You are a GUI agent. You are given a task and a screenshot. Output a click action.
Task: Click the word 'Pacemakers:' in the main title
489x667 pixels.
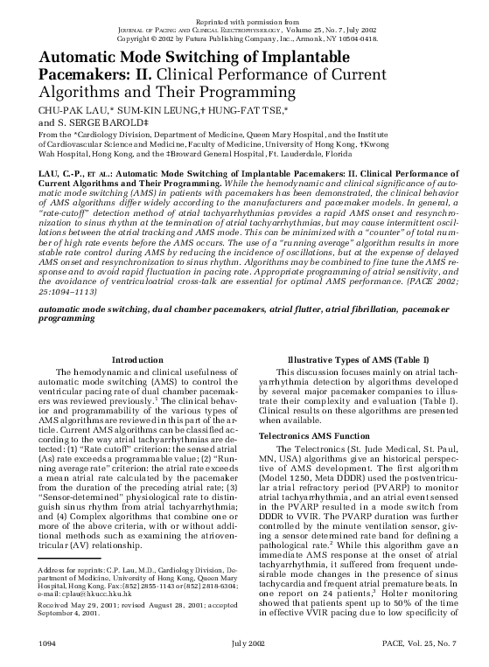coord(58,74)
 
